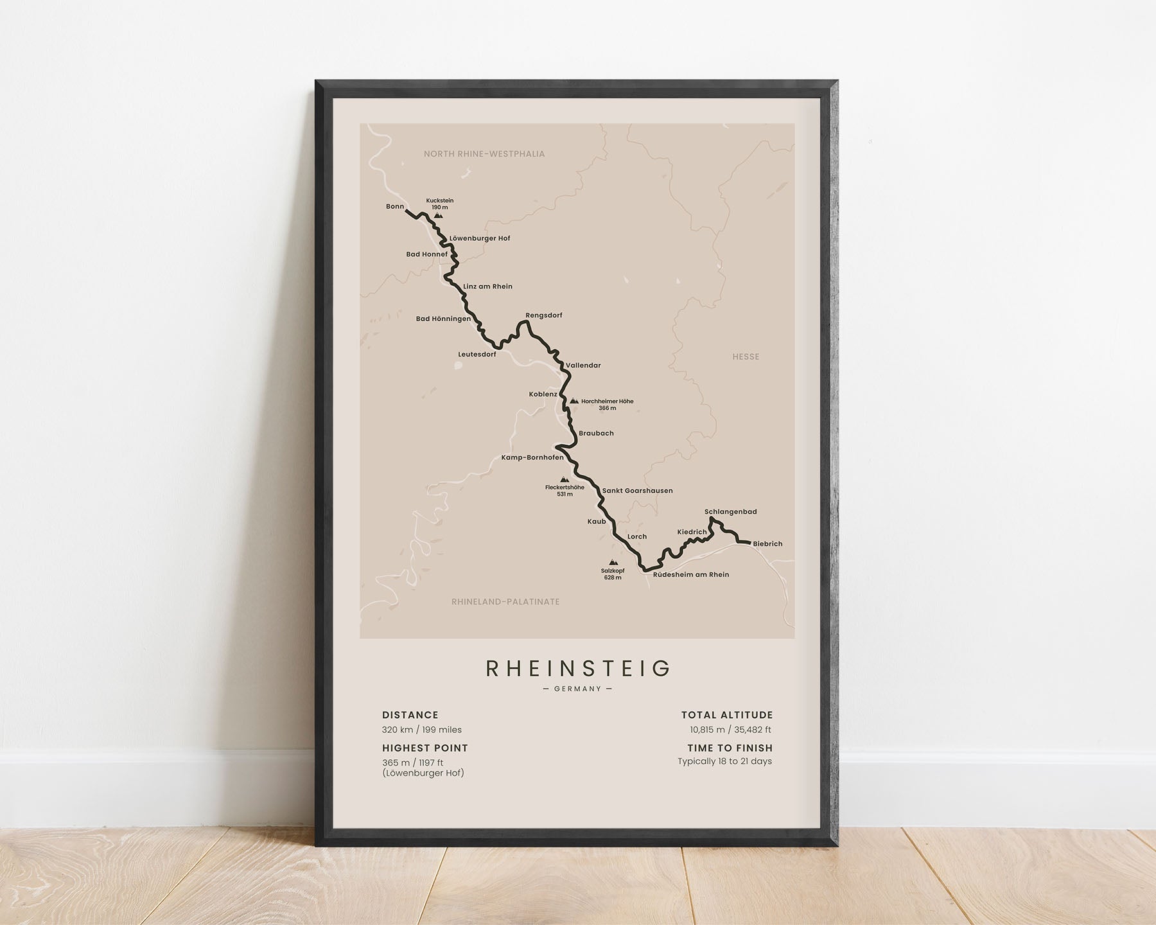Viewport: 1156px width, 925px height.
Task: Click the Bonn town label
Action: [395, 206]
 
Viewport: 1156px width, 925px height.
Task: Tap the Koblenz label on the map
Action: [543, 394]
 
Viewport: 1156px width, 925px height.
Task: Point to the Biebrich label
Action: [767, 544]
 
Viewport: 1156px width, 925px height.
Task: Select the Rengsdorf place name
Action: [543, 315]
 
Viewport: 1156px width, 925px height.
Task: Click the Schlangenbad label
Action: [730, 512]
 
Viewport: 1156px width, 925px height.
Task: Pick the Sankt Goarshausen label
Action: [637, 491]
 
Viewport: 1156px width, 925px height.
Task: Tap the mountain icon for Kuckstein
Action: [438, 216]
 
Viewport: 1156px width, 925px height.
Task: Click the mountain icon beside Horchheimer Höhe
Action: [574, 401]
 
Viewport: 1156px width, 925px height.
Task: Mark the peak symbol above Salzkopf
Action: [613, 563]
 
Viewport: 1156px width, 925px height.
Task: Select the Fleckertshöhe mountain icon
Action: [565, 479]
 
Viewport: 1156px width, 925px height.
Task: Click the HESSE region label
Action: [746, 357]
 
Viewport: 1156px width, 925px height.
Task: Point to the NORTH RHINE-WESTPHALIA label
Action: [484, 154]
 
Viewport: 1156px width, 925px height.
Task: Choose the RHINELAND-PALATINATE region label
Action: [505, 602]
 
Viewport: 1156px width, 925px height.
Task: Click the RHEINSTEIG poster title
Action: [578, 669]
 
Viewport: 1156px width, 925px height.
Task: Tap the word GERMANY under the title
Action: [577, 689]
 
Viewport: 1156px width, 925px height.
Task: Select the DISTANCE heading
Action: [410, 715]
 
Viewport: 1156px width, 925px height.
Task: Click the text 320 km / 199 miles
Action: [422, 730]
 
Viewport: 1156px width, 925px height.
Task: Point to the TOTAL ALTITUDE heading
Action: [727, 715]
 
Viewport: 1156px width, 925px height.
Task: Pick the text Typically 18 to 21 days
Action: [724, 761]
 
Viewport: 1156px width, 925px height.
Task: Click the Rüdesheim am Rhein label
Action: [691, 575]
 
